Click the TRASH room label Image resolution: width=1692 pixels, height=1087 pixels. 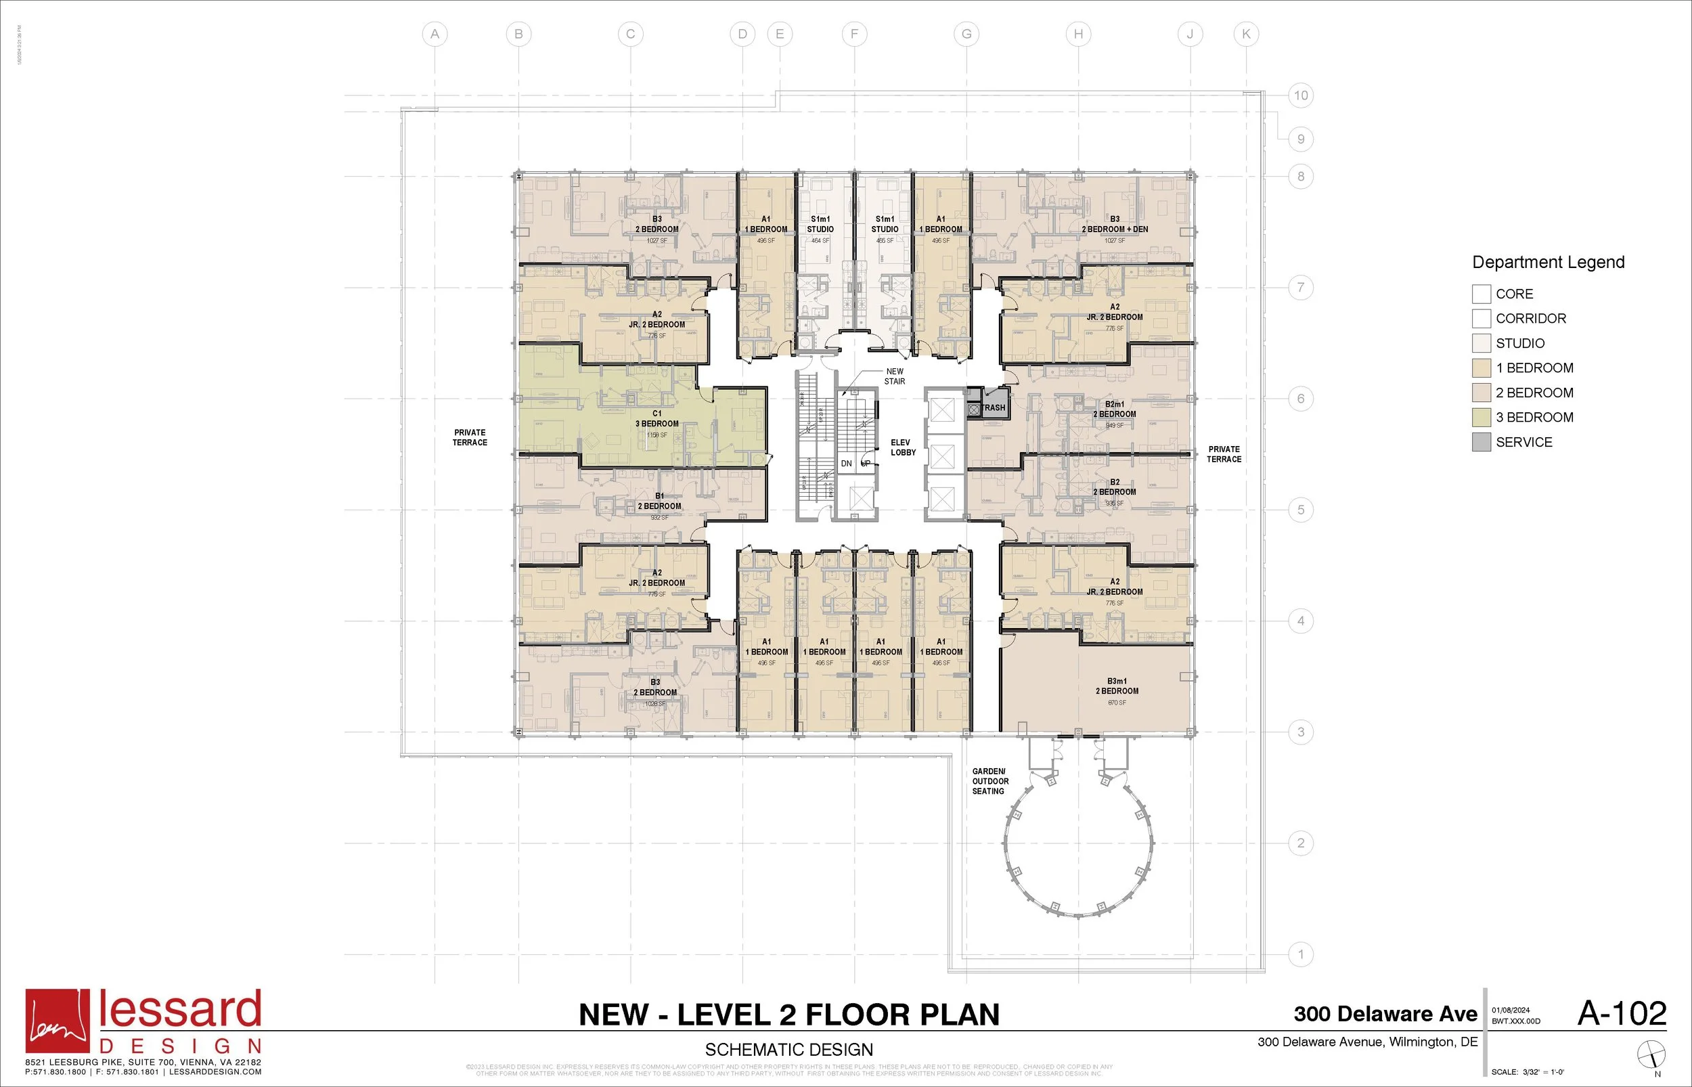[x=994, y=408]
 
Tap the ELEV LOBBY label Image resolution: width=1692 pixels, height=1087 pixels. [x=902, y=447]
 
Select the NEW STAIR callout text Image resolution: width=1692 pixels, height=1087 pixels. [x=895, y=376]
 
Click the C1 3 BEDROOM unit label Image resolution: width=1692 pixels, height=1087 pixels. [x=657, y=419]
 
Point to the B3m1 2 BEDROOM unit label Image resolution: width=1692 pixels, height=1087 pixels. [x=1117, y=686]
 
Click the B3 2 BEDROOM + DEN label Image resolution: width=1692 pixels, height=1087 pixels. [x=1115, y=225]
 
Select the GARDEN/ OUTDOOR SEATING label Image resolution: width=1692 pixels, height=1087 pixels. [x=990, y=781]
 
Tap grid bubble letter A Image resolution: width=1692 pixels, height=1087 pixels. [x=435, y=34]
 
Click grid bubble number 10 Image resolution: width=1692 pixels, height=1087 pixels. [x=1300, y=95]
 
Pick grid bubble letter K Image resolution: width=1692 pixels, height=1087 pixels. [x=1245, y=34]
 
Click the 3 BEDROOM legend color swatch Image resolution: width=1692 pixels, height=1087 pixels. [x=1481, y=417]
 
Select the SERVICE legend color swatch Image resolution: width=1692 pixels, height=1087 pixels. [x=1481, y=442]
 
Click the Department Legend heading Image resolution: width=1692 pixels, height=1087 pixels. [x=1548, y=263]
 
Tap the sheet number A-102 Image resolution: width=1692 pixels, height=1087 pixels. [x=1622, y=1014]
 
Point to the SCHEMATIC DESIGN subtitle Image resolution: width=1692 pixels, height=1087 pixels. [x=789, y=1050]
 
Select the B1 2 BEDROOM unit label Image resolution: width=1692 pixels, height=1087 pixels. [x=659, y=501]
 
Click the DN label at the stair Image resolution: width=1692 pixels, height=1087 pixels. [x=846, y=464]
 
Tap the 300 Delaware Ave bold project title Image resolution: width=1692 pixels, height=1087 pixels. [x=1385, y=1015]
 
